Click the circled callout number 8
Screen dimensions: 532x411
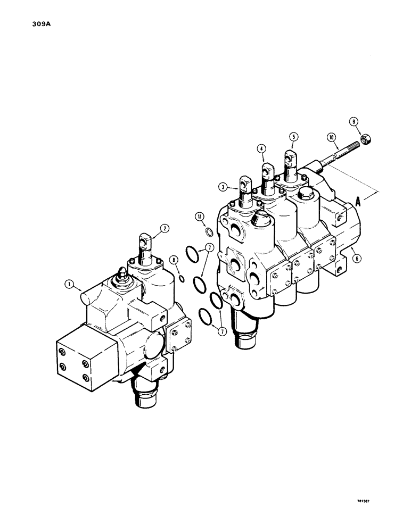point(174,260)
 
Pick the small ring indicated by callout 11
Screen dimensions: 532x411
point(210,232)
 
